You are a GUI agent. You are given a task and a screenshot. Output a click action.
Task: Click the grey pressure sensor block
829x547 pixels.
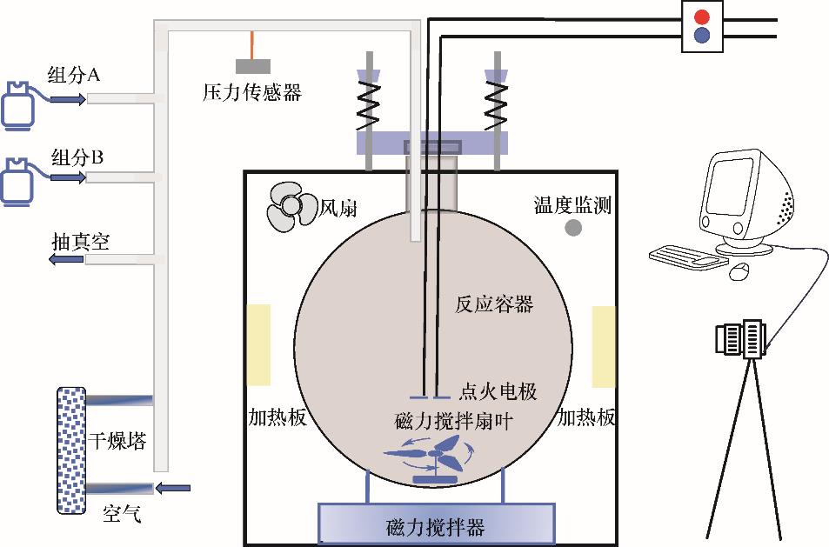252,66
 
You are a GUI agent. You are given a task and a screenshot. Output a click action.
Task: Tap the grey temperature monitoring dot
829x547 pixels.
574,228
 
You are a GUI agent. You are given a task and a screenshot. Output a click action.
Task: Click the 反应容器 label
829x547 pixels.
494,304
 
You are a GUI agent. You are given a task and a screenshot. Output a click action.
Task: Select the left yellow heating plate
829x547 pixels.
258,345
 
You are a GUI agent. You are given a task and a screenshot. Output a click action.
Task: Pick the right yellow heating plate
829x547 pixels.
604,346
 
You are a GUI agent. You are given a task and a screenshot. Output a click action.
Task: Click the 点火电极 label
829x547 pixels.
497,392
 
